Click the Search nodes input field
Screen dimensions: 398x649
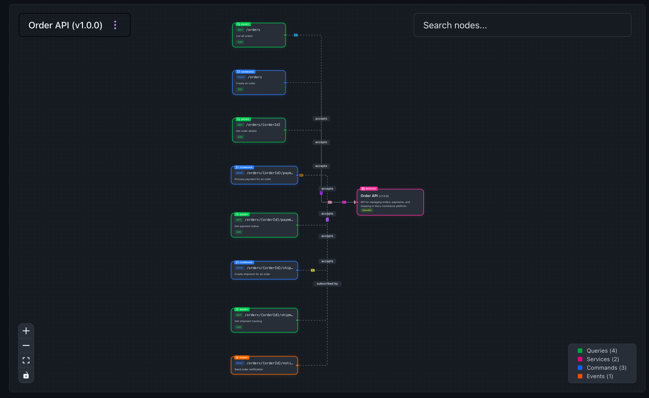522,25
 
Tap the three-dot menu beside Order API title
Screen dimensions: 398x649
115,25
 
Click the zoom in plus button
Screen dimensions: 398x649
26,331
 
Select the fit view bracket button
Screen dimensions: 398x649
26,360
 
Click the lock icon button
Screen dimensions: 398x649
26,375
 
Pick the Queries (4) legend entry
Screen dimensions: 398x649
601,351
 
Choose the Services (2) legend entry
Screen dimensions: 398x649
602,359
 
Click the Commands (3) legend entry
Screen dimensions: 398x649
606,368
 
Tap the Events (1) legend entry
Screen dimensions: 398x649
599,376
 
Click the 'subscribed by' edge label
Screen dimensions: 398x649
327,283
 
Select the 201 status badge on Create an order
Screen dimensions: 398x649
240,89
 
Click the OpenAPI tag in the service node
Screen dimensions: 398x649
366,210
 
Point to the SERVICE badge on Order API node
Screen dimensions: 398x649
369,189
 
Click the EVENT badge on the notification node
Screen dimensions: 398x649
242,357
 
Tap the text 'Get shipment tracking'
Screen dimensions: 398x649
248,321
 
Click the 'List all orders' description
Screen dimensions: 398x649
244,36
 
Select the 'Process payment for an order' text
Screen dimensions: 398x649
253,179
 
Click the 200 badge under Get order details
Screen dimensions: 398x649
240,137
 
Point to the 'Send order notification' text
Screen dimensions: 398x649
249,369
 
